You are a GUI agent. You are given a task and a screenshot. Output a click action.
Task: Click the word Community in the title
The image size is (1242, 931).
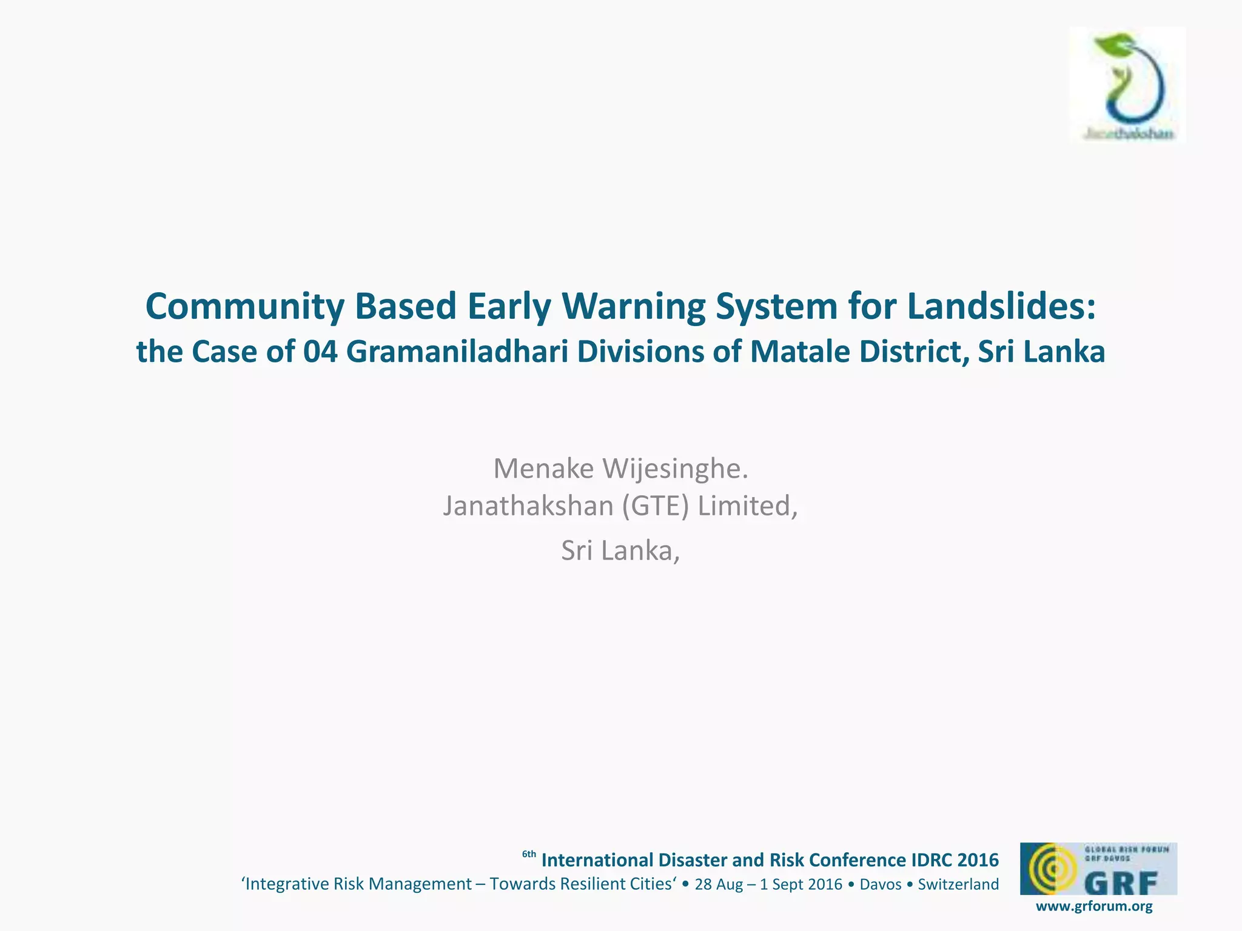tap(244, 307)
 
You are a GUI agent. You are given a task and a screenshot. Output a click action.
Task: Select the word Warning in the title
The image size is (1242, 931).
tap(634, 307)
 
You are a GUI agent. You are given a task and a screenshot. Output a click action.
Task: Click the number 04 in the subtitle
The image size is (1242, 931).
tap(320, 352)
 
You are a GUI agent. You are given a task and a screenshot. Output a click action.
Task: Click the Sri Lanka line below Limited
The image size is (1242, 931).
tap(620, 550)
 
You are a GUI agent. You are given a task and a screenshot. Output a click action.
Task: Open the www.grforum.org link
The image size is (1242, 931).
tap(1094, 907)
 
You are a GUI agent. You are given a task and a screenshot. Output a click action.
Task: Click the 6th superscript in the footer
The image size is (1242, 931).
tap(529, 855)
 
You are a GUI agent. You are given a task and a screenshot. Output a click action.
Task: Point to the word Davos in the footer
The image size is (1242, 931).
tap(881, 884)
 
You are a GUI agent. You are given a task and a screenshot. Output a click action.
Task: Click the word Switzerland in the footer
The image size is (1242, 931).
tap(958, 884)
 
